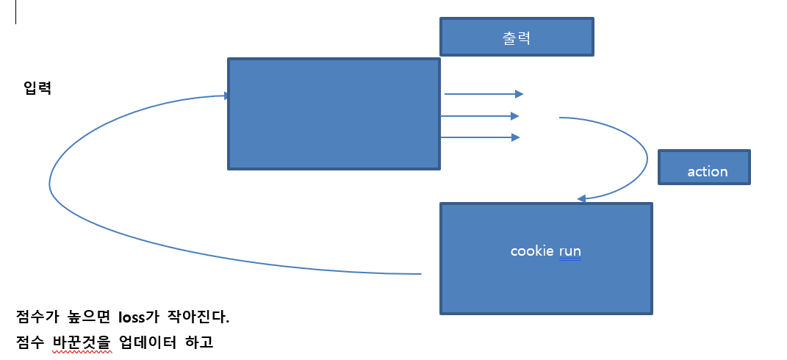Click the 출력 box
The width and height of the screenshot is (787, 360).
click(517, 37)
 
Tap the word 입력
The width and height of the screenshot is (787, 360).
click(37, 89)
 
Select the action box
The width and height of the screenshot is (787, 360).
click(704, 168)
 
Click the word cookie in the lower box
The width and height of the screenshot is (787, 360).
click(533, 251)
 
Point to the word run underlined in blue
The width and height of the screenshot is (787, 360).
click(569, 251)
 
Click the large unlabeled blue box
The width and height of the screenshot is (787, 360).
click(334, 114)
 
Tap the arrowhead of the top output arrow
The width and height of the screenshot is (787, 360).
click(519, 94)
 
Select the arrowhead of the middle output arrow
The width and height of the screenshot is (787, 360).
click(515, 116)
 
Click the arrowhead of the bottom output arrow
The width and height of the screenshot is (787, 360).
click(515, 137)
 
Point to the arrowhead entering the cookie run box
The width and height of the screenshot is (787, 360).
click(581, 198)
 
